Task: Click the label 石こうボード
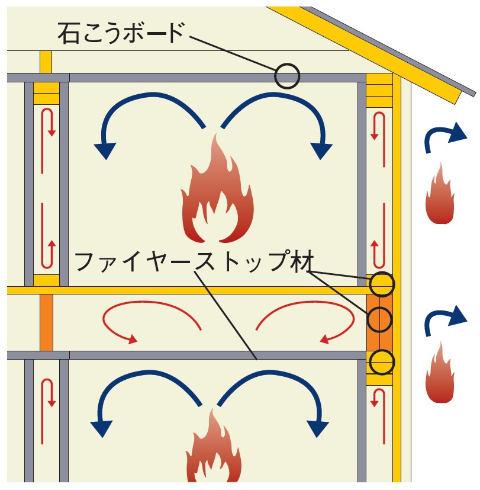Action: pyautogui.click(x=121, y=33)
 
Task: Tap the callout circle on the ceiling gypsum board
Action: pyautogui.click(x=287, y=76)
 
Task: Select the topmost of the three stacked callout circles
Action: pyautogui.click(x=382, y=284)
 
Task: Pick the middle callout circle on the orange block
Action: pyautogui.click(x=379, y=319)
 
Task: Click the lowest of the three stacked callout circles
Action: pyautogui.click(x=382, y=361)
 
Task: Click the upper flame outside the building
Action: pyautogui.click(x=440, y=194)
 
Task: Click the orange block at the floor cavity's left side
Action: pyautogui.click(x=46, y=322)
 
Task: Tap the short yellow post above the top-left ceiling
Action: pyautogui.click(x=46, y=62)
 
